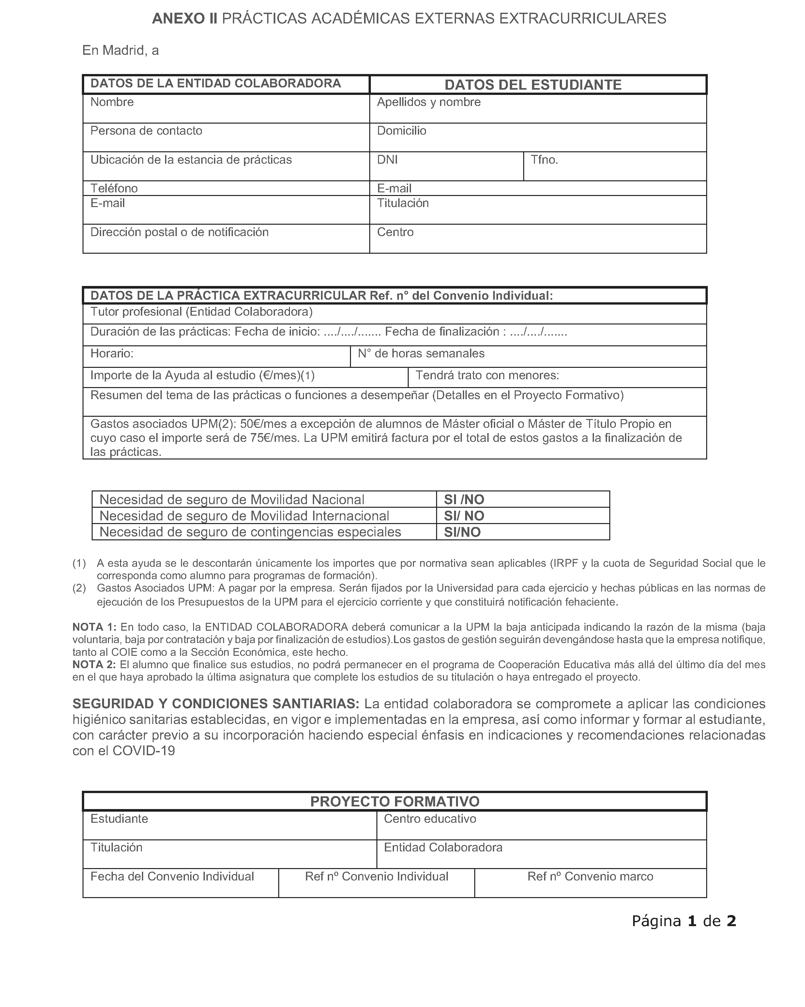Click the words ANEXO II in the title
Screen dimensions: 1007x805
(x=185, y=19)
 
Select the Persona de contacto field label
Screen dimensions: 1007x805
(x=146, y=131)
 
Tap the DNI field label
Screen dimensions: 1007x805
(x=387, y=160)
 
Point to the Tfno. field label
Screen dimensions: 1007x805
(x=544, y=160)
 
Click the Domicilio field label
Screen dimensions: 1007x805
(x=401, y=131)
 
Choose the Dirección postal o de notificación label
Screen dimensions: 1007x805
(x=179, y=232)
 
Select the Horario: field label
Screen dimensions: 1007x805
(x=112, y=353)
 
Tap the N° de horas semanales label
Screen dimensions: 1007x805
(x=421, y=353)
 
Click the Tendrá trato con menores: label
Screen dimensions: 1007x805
(x=487, y=376)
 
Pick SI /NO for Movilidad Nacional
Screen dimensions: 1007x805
(x=463, y=500)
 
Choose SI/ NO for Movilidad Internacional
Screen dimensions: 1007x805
(x=463, y=516)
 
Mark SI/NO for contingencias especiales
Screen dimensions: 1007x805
(x=462, y=533)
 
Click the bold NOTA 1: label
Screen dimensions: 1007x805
(x=94, y=627)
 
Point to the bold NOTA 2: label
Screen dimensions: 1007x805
(x=94, y=665)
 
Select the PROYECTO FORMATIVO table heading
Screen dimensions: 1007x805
(x=395, y=802)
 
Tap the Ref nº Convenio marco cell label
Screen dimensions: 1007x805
(x=590, y=877)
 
